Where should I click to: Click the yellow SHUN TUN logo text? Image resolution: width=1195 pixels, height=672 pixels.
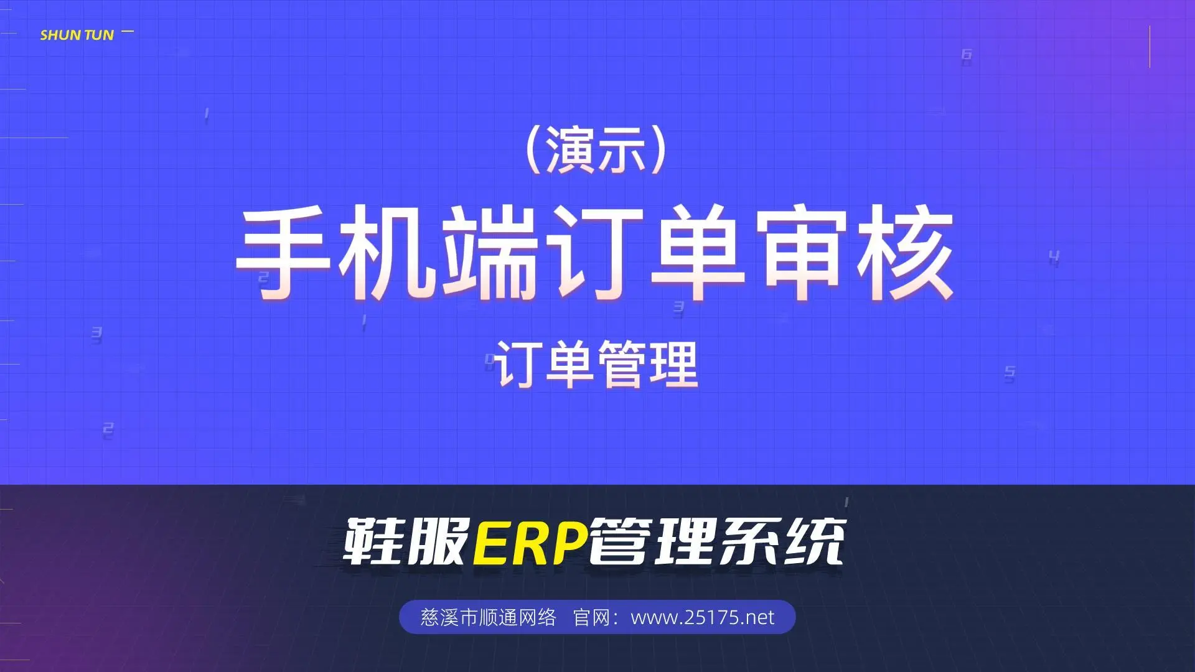tap(77, 35)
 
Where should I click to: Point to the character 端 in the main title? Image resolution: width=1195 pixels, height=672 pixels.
tap(490, 254)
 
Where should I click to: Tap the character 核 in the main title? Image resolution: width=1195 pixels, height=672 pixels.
tap(904, 254)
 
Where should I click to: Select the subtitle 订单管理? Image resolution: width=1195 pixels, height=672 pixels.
tap(597, 365)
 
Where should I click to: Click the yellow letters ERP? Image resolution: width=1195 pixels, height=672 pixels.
tap(530, 541)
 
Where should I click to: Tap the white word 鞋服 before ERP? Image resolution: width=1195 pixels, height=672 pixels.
tap(406, 541)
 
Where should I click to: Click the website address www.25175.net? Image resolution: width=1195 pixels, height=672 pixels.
tap(703, 617)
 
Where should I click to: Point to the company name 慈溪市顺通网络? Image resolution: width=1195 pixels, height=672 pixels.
tap(488, 617)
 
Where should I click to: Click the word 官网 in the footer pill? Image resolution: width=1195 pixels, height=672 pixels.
tap(590, 617)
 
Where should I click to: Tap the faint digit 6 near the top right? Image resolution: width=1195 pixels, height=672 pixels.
tap(966, 55)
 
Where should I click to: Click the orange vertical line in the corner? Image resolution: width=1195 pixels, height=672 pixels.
tap(1150, 47)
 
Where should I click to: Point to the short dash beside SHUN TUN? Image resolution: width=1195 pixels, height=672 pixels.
tap(128, 30)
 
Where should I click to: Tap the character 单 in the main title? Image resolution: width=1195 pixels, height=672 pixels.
tap(698, 254)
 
